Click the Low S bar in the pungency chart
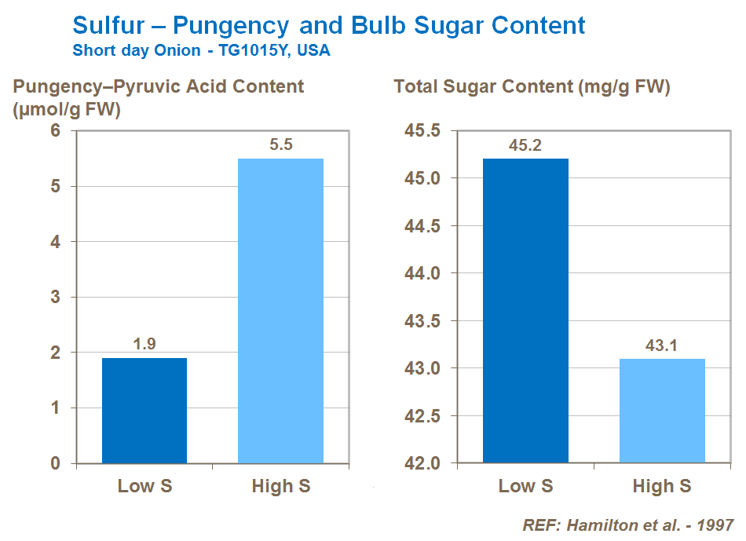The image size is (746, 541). tap(144, 410)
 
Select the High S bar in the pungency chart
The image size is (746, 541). tap(280, 311)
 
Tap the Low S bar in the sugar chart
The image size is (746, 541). tap(525, 311)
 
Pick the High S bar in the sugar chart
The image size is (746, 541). tap(662, 411)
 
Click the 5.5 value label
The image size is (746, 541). tap(280, 145)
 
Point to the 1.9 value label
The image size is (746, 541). tap(144, 345)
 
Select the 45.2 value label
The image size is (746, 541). tap(525, 145)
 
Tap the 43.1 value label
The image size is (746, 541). tap(662, 345)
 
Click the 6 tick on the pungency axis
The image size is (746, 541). tap(56, 131)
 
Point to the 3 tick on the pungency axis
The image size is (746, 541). tap(56, 298)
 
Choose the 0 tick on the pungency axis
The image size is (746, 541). tap(56, 463)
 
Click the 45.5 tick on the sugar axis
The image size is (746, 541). tap(422, 131)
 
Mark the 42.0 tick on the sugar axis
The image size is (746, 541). tap(422, 463)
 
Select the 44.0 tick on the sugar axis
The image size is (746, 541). tap(422, 273)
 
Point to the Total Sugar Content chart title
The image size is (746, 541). tap(532, 87)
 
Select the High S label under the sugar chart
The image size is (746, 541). tap(662, 486)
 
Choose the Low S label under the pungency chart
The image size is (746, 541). tap(144, 486)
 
